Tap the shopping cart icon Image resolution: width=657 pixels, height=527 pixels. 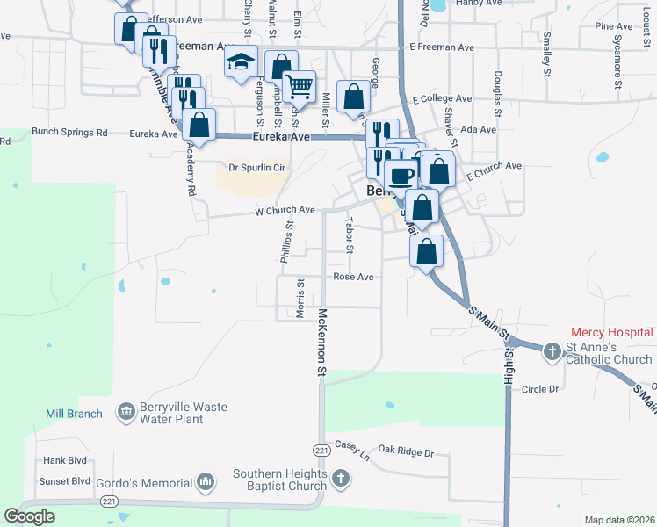300,85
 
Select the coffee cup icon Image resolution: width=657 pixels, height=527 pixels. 401,174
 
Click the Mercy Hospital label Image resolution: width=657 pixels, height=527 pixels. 611,333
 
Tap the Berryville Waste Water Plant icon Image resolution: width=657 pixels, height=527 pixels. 126,409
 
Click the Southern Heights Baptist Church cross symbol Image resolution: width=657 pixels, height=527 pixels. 341,480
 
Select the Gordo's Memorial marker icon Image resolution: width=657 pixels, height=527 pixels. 206,482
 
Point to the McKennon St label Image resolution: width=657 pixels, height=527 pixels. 322,343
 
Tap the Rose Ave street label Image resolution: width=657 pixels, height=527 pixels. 354,277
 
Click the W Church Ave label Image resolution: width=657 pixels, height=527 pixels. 285,211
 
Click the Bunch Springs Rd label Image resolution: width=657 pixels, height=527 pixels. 69,133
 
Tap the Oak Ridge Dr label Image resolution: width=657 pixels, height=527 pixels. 404,452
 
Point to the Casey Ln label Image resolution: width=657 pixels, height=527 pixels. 352,451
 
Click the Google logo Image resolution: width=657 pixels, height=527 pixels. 30,516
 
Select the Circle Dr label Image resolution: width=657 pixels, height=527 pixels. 540,388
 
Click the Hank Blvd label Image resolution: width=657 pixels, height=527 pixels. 65,460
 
